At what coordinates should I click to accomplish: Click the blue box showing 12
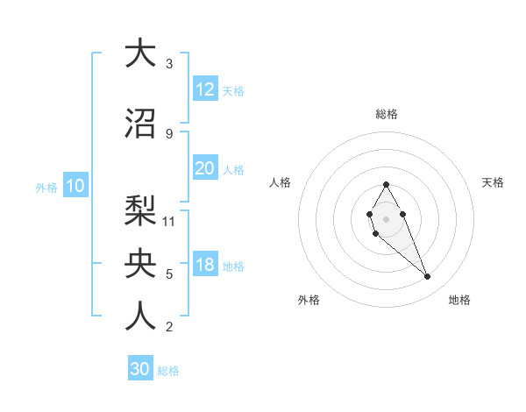(x=204, y=89)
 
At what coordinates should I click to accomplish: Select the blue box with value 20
(x=204, y=168)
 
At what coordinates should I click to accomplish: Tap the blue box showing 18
(x=204, y=266)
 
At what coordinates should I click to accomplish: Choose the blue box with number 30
(x=140, y=369)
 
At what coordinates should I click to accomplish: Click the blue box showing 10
(x=75, y=186)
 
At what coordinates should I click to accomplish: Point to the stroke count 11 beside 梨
(x=170, y=221)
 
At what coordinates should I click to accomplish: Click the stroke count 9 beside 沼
(x=168, y=133)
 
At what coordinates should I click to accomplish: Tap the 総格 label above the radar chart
(x=386, y=114)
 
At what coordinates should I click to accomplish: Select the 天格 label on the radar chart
(x=494, y=182)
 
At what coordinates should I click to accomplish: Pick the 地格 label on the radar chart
(x=459, y=300)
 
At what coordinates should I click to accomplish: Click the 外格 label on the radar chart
(x=309, y=300)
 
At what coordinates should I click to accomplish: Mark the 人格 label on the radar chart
(x=281, y=182)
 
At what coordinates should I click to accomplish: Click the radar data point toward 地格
(x=427, y=277)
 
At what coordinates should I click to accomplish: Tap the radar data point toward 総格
(x=386, y=184)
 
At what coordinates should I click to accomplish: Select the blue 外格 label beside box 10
(x=46, y=187)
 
